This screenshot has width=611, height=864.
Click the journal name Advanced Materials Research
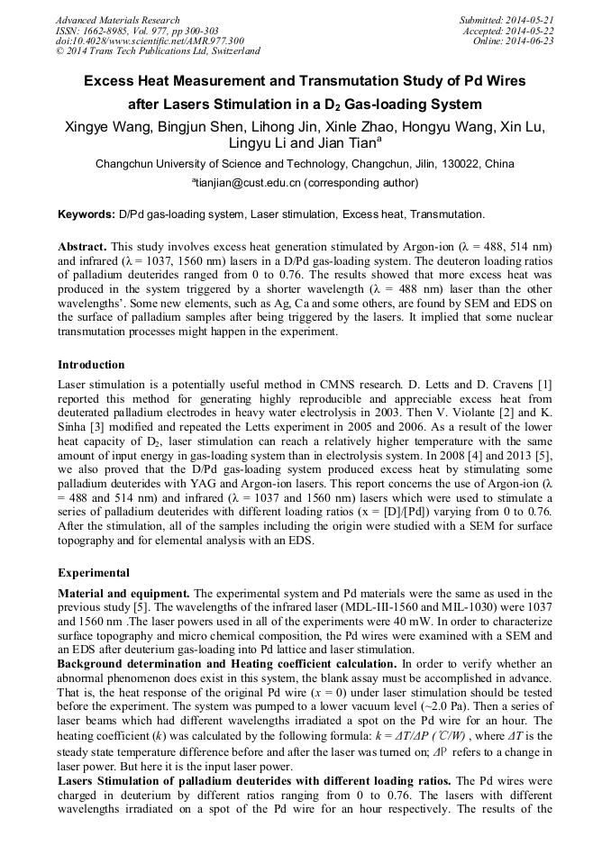pyautogui.click(x=117, y=20)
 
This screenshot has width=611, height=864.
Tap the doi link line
pyautogui.click(x=149, y=41)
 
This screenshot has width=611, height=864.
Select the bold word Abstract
pyautogui.click(x=82, y=246)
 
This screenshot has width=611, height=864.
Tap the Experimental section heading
pyautogui.click(x=94, y=573)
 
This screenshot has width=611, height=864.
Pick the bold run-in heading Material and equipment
pyautogui.click(x=123, y=593)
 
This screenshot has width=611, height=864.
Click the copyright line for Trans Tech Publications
pyautogui.click(x=158, y=52)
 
